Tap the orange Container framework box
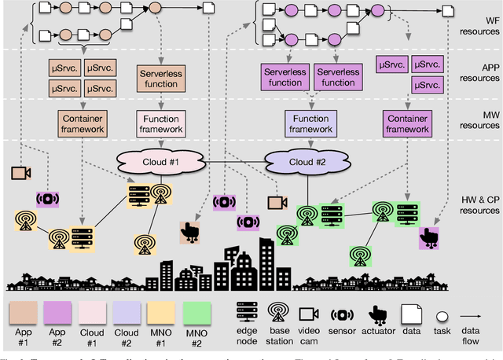click(83, 123)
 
